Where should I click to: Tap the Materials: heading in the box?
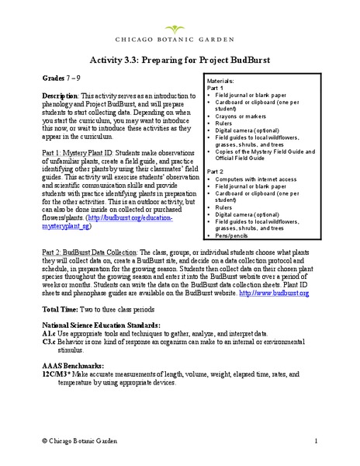pos(223,80)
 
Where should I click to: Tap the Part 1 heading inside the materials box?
pos(216,87)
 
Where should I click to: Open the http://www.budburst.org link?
pos(271,294)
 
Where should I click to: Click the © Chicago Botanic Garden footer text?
pos(90,440)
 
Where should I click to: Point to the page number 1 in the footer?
pos(317,440)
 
